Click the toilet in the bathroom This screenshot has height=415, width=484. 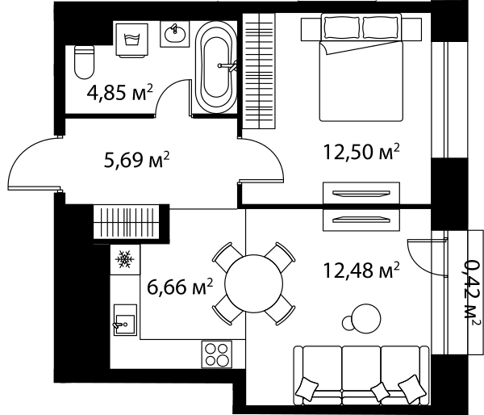tap(84, 62)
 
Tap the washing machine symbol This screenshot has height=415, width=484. tap(131, 40)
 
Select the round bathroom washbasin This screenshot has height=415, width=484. tap(175, 33)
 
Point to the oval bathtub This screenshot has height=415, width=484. tap(216, 67)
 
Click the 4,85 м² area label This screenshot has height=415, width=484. tap(120, 92)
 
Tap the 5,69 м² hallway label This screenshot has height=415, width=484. tap(137, 160)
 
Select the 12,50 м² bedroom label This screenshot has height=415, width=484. tap(361, 152)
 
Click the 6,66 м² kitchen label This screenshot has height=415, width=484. tap(180, 287)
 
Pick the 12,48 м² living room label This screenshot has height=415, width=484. tap(361, 270)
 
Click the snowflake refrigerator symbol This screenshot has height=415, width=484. tap(125, 259)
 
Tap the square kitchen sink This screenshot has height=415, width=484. tap(125, 320)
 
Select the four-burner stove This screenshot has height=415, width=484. tap(217, 354)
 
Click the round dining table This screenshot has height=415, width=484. tap(254, 283)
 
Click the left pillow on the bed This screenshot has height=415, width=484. tap(342, 27)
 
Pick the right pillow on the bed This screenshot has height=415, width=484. tap(381, 27)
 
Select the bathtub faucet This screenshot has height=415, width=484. tap(227, 65)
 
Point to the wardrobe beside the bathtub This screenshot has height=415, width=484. tap(259, 71)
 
